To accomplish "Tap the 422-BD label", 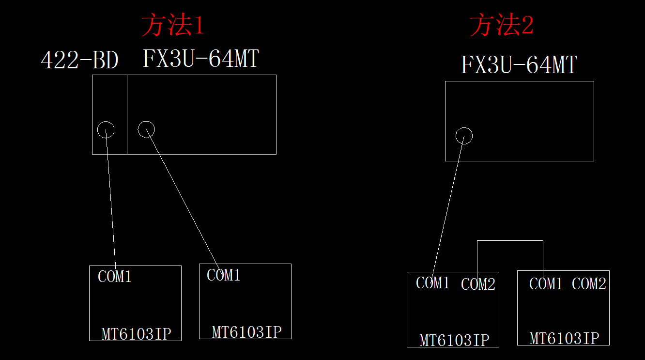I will click(x=79, y=61).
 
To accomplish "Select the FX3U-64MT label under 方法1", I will click(x=200, y=59).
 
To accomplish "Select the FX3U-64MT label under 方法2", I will click(x=519, y=64).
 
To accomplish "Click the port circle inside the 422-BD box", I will click(x=106, y=130).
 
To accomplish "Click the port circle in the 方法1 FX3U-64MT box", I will click(x=146, y=129).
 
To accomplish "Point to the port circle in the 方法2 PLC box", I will click(x=464, y=136).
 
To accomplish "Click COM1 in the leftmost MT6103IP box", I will click(x=115, y=277).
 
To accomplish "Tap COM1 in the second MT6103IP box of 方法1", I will click(x=224, y=275).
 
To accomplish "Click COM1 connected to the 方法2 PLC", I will click(x=433, y=283).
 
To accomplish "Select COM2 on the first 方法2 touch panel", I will click(x=478, y=284).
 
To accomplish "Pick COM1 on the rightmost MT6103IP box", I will click(x=546, y=284).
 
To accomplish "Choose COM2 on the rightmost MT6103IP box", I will click(x=589, y=284).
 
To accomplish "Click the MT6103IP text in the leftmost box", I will click(x=136, y=334).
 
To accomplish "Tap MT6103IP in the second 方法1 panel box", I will click(x=246, y=332).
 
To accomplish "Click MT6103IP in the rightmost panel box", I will click(x=564, y=338).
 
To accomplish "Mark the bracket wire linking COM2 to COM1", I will click(x=510, y=241).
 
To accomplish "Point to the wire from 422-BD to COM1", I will click(x=111, y=199).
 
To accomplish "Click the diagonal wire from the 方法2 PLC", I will click(x=448, y=206).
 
